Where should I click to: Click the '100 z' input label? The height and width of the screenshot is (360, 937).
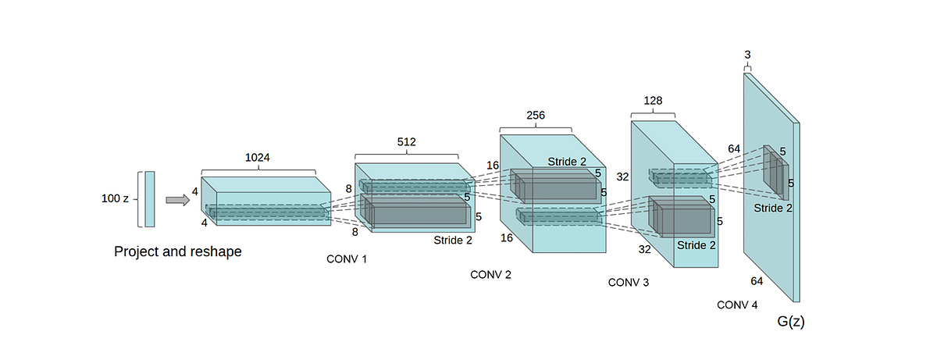tap(115, 198)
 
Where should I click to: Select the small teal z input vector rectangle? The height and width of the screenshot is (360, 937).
tap(149, 199)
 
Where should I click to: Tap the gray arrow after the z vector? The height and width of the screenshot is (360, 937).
tap(178, 200)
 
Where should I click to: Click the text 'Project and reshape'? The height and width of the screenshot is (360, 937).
tap(178, 251)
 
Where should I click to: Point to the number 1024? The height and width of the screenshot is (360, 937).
tap(258, 157)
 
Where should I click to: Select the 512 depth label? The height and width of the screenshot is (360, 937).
tap(406, 142)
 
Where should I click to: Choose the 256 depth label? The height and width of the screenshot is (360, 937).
tap(536, 115)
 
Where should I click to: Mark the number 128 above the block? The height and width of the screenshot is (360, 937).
tap(653, 101)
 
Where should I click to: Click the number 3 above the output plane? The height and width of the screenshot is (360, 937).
tap(747, 54)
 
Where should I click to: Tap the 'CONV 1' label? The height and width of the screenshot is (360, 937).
tap(346, 258)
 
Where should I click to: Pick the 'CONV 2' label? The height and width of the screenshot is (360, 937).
tap(490, 274)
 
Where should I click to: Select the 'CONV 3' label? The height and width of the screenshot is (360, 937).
tap(629, 282)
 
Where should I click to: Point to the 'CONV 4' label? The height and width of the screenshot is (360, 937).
tap(737, 305)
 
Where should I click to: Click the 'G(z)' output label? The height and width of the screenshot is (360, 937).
tap(790, 322)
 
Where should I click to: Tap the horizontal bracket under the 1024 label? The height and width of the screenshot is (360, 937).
tap(258, 169)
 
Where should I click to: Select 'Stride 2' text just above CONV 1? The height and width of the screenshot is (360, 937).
tap(453, 241)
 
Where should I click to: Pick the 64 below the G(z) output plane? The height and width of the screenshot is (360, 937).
tap(757, 280)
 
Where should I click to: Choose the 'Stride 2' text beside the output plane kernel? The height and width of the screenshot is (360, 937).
tap(773, 209)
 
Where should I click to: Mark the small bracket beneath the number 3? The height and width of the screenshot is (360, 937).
tap(747, 68)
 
